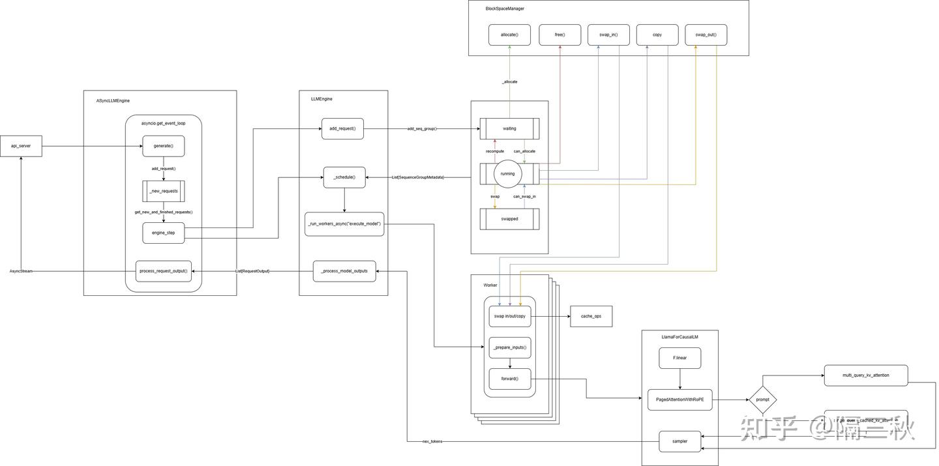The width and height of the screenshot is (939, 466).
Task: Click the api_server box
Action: pos(21,146)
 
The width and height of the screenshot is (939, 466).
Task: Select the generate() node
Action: pos(164,146)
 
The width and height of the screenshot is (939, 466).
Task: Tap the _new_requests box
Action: pos(164,191)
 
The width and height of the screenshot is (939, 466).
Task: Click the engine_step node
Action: pos(164,233)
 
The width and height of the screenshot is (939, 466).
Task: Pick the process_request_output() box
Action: pos(164,271)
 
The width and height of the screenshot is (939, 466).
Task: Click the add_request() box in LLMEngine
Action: pos(342,128)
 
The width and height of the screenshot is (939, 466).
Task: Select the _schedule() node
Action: pos(344,177)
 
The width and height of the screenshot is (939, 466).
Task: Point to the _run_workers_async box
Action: pos(344,224)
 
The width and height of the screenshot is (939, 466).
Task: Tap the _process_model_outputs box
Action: pos(344,271)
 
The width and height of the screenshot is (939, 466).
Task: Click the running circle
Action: pos(507,174)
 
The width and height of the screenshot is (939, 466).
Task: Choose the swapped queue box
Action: pos(509,219)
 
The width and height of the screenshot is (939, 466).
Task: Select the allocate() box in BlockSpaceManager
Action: pos(509,35)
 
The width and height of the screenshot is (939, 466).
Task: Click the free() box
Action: pos(559,35)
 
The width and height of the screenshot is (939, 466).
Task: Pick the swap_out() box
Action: pos(706,35)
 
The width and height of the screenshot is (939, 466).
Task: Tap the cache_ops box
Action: pos(591,316)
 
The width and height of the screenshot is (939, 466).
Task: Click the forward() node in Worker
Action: pos(510,379)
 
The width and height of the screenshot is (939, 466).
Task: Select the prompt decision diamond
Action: pos(762,400)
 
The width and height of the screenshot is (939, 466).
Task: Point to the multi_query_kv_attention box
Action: pos(865,375)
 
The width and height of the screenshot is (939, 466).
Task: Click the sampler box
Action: pos(679,441)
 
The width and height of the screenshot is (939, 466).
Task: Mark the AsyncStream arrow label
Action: pos(21,271)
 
